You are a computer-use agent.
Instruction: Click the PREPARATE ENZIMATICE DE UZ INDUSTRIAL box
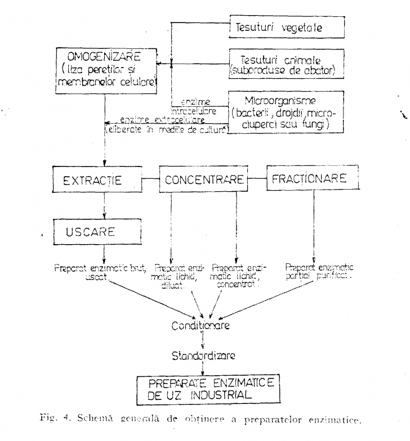[210, 390]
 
